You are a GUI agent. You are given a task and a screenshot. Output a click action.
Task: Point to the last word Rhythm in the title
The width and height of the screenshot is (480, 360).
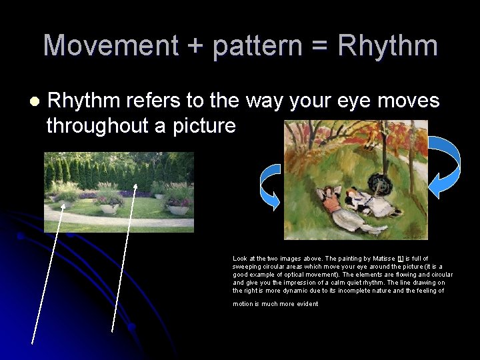tap(388, 46)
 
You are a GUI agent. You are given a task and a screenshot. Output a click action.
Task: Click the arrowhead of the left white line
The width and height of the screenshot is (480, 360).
tap(64, 198)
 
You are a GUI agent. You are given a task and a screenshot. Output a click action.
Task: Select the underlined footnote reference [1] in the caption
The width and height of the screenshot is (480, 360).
tap(400, 259)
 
